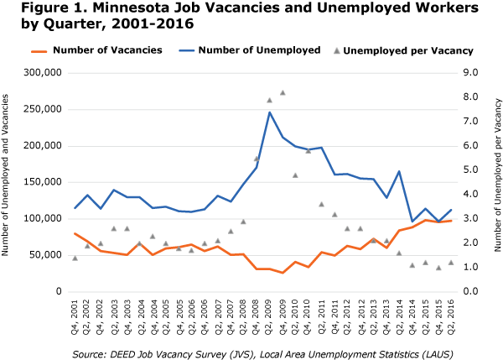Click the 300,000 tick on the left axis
44,73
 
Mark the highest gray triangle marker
283,92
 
